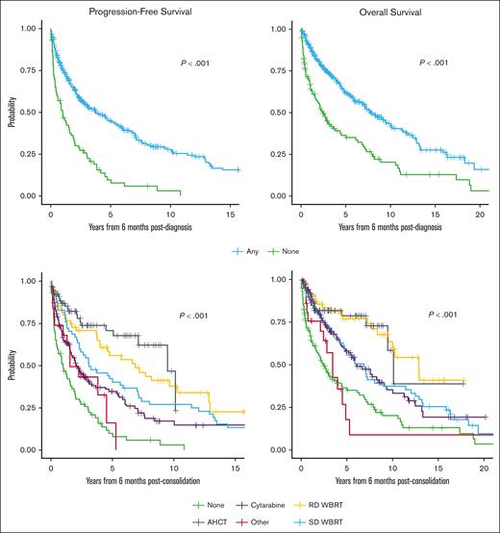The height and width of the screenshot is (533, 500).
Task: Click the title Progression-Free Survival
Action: (x=145, y=11)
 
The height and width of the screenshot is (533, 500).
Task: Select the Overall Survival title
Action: (x=394, y=11)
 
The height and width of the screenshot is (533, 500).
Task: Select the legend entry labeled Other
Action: (x=244, y=520)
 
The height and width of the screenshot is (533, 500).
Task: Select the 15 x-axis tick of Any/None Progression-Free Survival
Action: (x=232, y=208)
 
